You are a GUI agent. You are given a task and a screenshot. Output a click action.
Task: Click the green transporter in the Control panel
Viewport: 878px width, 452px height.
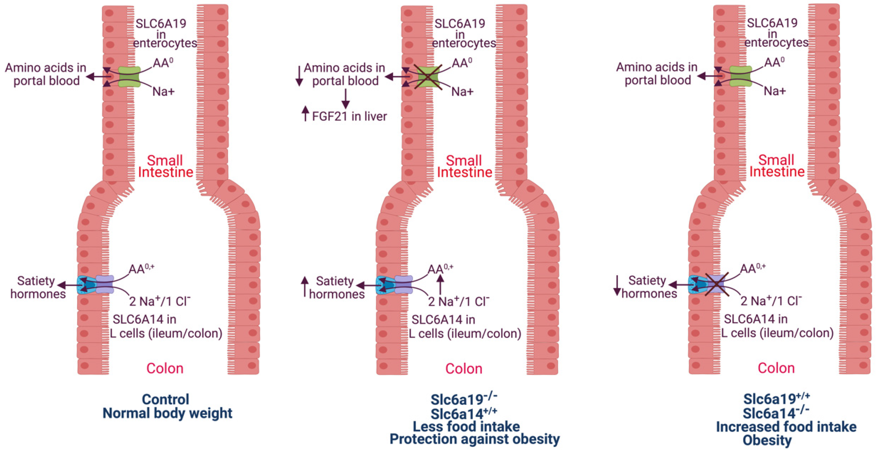(x=129, y=77)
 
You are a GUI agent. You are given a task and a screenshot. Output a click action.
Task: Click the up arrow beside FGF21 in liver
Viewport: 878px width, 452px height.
(x=305, y=114)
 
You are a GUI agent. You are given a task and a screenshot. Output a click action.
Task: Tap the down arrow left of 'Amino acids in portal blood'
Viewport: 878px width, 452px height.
(x=299, y=75)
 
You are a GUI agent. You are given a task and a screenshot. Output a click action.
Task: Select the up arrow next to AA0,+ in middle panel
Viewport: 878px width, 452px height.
(x=440, y=285)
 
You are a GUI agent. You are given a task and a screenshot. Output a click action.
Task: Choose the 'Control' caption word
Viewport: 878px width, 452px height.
(x=165, y=399)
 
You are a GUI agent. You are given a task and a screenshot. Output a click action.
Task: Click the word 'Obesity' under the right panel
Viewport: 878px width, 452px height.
(x=767, y=440)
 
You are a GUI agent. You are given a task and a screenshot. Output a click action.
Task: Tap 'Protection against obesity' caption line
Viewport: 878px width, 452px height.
(x=474, y=439)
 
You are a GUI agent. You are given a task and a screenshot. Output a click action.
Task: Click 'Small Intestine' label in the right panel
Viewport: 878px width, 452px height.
(x=777, y=166)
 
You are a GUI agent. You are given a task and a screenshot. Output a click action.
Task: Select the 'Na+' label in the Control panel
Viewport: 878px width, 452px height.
(x=163, y=91)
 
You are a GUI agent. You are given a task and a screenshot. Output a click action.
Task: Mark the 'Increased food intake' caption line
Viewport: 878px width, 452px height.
(x=786, y=427)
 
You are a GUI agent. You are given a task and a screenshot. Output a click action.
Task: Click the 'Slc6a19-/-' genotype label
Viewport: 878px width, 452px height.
(x=464, y=399)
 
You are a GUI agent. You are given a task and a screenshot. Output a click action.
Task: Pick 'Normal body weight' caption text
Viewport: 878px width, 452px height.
(x=167, y=413)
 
